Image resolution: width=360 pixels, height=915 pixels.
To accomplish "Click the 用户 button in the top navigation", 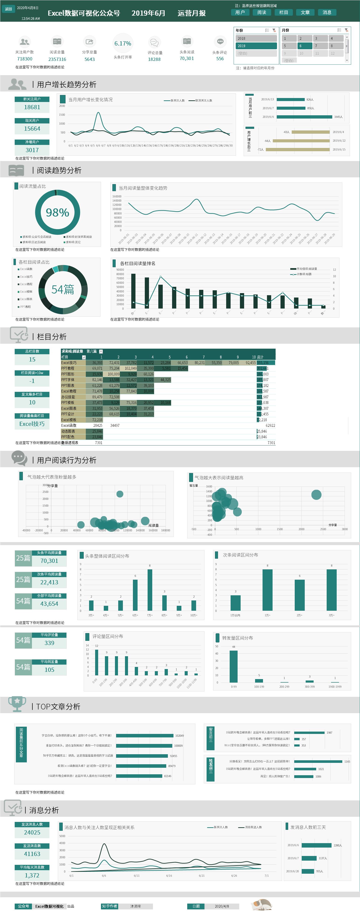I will (240, 12).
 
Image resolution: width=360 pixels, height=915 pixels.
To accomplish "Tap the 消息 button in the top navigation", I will (327, 12).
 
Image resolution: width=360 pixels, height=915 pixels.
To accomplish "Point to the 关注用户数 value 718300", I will (25, 59).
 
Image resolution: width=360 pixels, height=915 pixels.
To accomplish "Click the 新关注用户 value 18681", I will (32, 107).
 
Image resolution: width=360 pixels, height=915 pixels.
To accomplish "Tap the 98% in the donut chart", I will (58, 212).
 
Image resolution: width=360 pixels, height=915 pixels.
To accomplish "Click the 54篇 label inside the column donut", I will (63, 290).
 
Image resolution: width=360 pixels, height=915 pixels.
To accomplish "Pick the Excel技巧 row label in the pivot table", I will (69, 363).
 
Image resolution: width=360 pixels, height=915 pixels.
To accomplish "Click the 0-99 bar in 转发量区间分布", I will (234, 666).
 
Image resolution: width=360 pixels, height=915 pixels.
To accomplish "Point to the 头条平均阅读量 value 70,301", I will (49, 561).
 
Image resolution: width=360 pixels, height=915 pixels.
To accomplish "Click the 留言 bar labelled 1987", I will (309, 733).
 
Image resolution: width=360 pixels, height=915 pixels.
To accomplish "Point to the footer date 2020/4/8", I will (222, 906).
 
